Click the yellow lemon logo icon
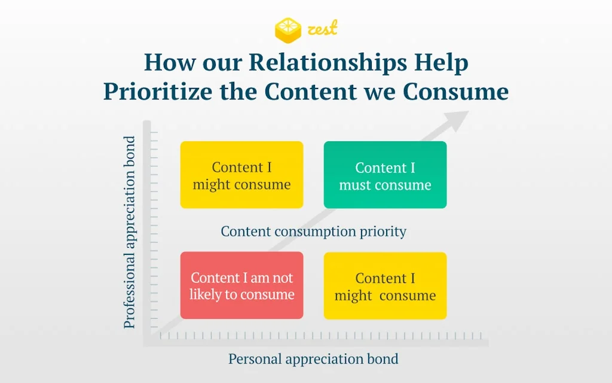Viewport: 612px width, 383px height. (288, 30)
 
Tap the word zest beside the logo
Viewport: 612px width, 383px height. (322, 29)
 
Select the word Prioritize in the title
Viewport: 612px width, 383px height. (158, 92)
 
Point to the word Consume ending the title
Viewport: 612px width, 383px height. (455, 92)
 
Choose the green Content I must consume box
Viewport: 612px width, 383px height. (385, 175)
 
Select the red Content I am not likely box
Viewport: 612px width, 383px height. (241, 285)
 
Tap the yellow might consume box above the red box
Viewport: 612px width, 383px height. (241, 175)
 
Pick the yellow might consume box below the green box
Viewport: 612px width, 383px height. (385, 285)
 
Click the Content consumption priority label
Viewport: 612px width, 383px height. (313, 232)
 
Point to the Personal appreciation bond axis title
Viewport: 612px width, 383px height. (313, 359)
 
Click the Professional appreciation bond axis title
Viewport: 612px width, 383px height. (130, 232)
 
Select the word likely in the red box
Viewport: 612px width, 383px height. (206, 294)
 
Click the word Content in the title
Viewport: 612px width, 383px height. (311, 92)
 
